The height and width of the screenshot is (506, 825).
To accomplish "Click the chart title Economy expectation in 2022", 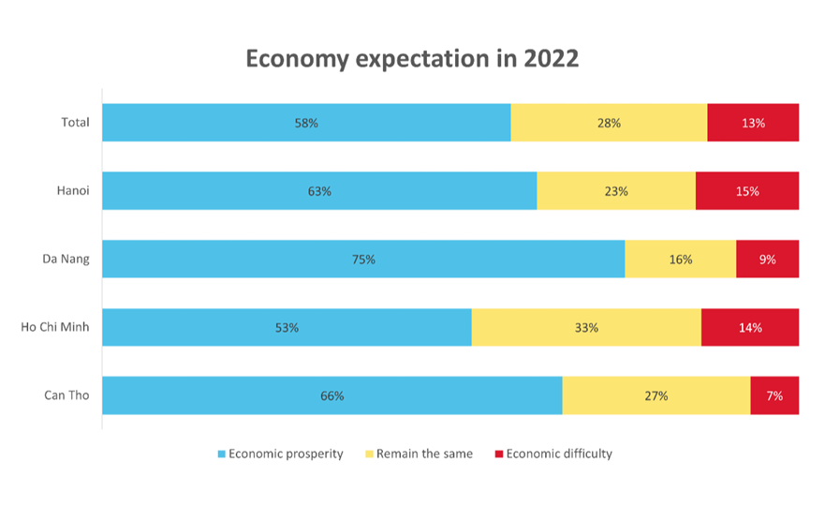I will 412,58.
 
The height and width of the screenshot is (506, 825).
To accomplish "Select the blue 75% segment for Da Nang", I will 363,260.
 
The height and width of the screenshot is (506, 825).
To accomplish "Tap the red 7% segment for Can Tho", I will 774,395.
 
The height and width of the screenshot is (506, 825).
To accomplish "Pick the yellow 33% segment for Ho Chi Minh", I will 586,328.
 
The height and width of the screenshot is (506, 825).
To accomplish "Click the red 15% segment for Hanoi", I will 747,191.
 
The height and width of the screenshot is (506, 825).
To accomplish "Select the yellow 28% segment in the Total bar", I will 609,123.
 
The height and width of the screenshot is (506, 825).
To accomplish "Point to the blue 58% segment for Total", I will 306,123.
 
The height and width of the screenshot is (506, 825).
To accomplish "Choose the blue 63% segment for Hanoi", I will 319,191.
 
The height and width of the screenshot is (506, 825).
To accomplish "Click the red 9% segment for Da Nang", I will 767,260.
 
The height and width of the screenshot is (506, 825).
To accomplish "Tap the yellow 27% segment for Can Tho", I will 656,395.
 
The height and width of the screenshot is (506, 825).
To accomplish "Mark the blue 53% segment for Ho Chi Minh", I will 287,328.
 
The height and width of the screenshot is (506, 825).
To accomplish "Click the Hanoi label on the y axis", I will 72,191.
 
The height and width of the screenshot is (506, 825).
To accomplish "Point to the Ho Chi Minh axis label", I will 55,328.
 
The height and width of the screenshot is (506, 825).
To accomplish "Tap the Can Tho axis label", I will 66,395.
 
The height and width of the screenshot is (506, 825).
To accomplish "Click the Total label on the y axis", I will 74,123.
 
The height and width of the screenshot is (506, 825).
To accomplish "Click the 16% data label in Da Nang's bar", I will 681,260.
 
